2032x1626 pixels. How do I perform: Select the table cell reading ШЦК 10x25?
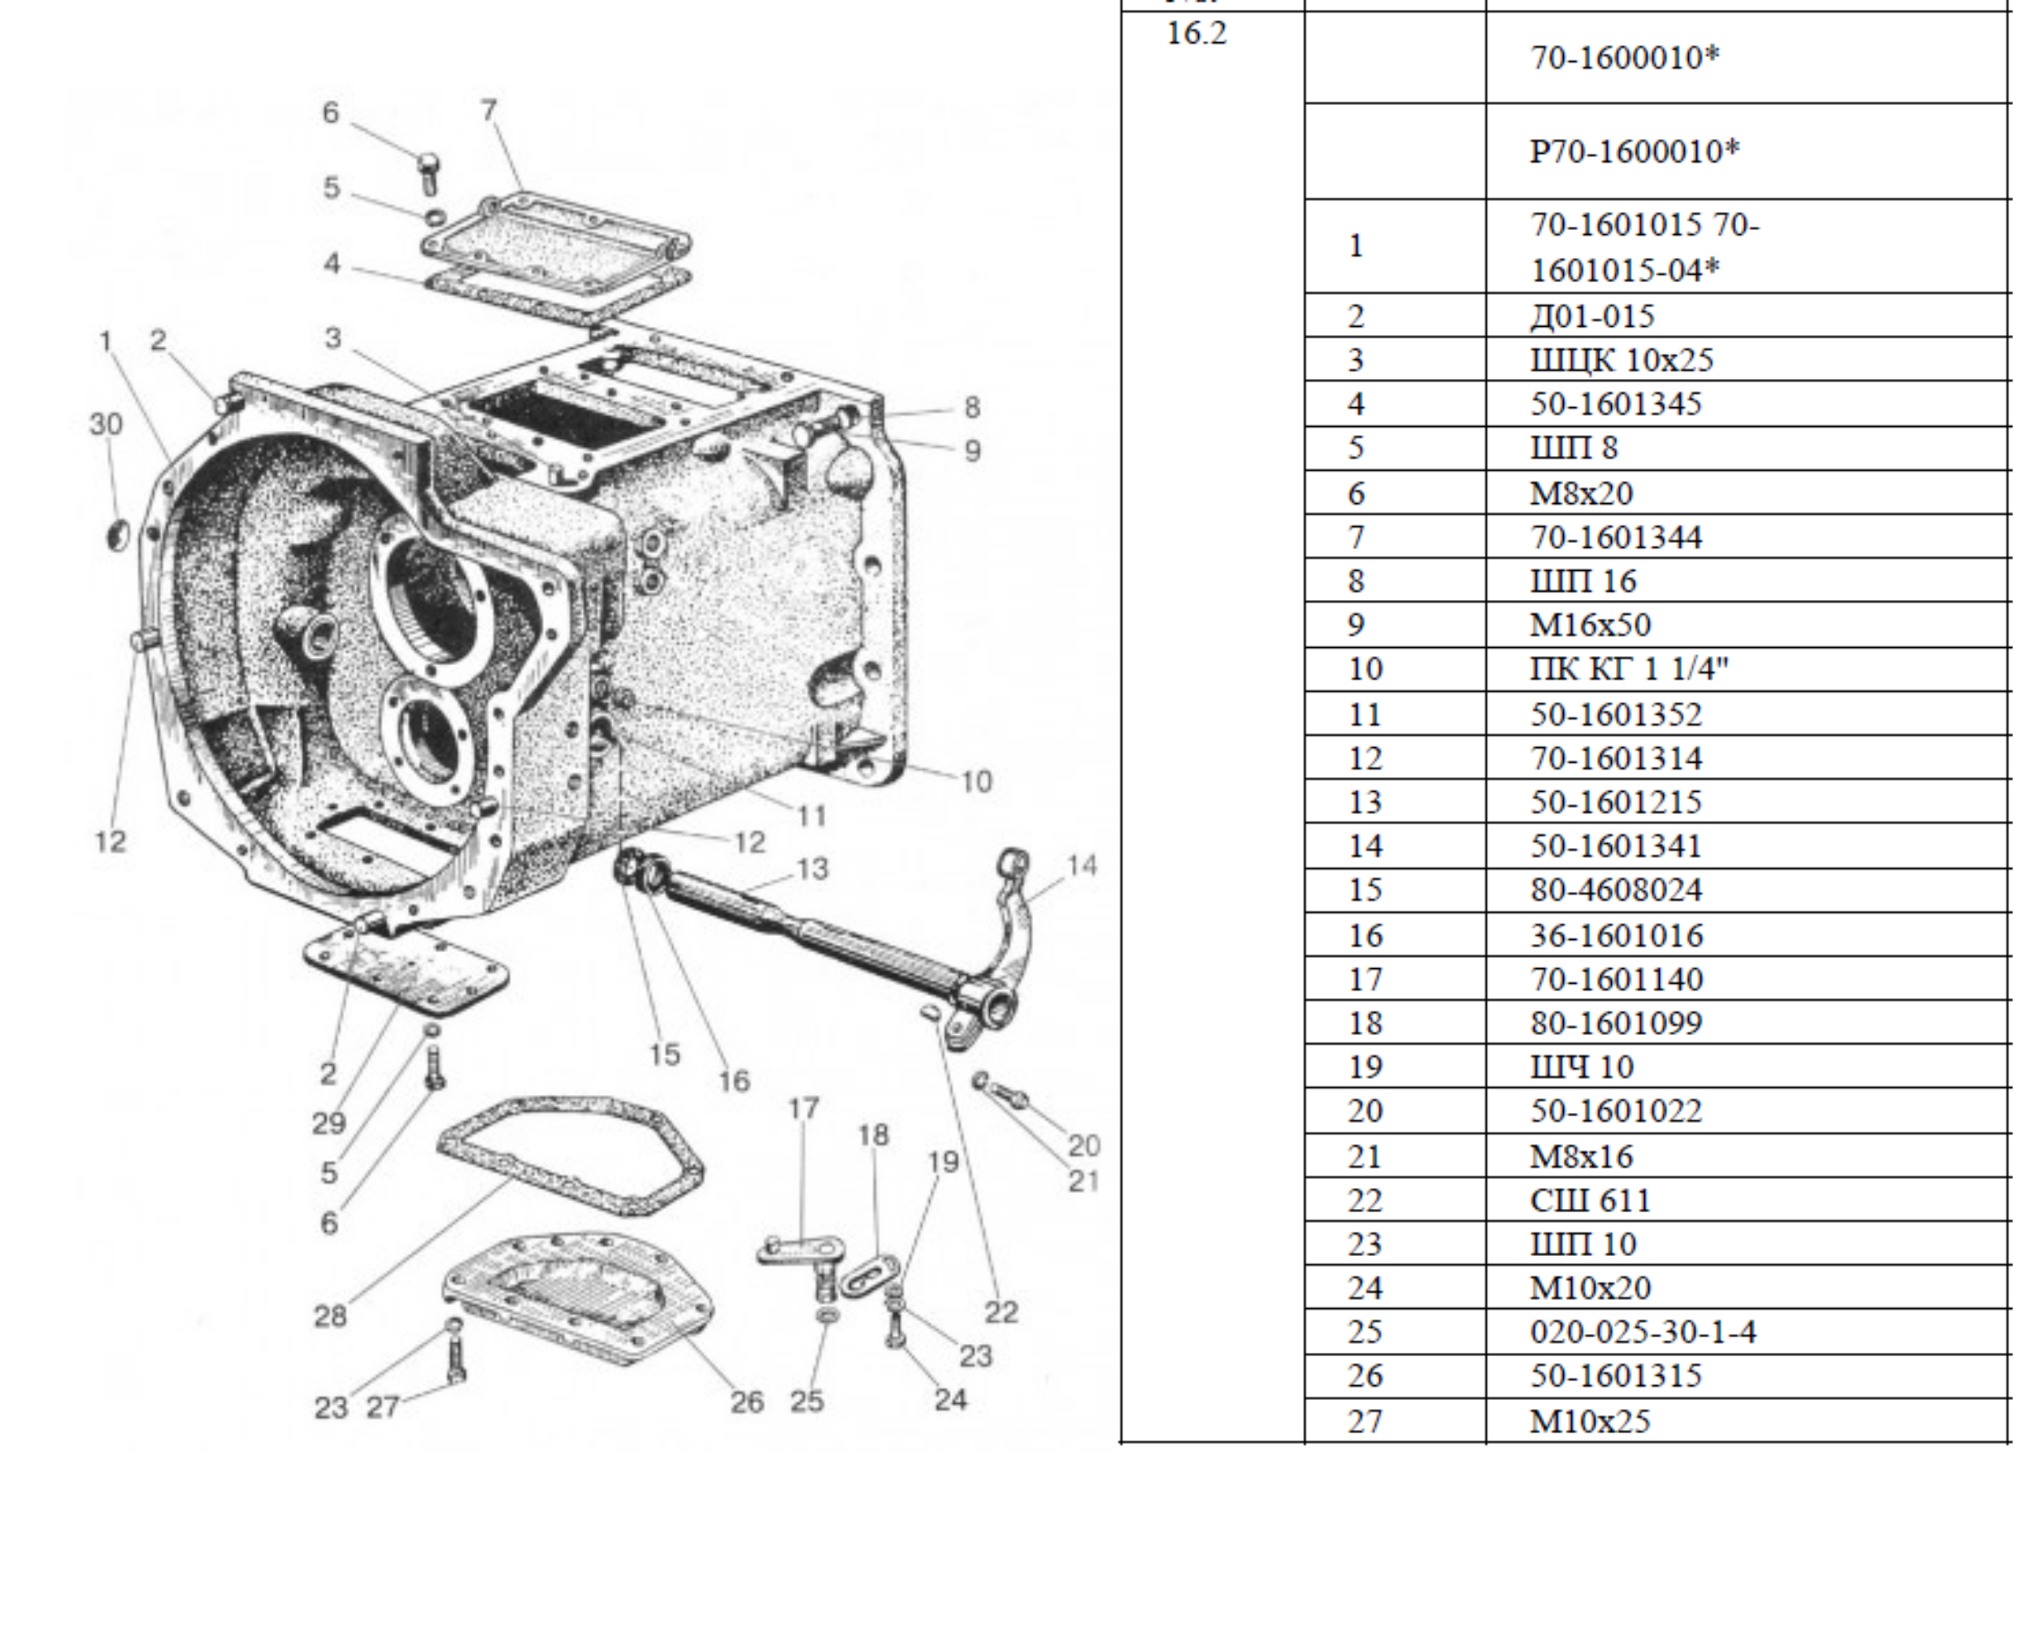click(1621, 360)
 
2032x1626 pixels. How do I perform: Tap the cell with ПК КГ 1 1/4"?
click(1630, 669)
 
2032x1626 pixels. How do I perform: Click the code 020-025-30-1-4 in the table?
click(1643, 1332)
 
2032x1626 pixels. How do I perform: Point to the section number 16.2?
click(1197, 34)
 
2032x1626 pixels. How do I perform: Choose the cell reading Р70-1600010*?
click(1635, 151)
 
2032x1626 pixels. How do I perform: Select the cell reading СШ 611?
click(1590, 1201)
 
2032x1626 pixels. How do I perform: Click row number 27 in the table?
click(1365, 1420)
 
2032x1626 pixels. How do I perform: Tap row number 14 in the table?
click(1365, 846)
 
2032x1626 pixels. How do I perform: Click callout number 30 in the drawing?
click(106, 424)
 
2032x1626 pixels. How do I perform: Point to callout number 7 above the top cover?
click(488, 111)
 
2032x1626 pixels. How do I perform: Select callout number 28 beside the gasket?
click(330, 1316)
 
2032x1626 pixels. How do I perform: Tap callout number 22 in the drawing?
click(1001, 1312)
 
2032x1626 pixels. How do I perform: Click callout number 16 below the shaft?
click(734, 1080)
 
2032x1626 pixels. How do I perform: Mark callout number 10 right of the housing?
click(976, 780)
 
